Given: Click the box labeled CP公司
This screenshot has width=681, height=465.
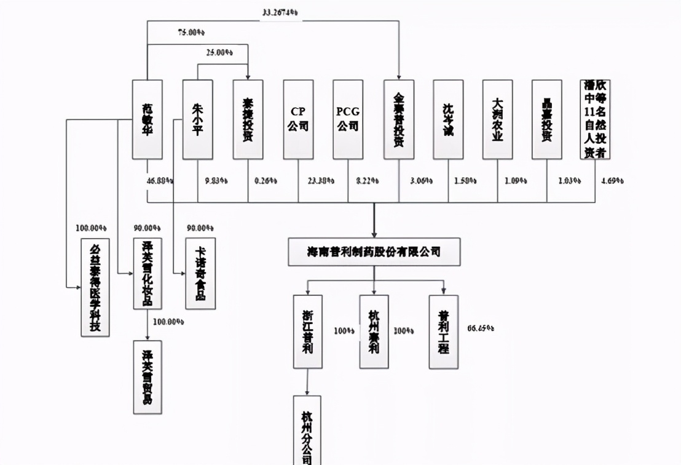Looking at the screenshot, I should [298, 119].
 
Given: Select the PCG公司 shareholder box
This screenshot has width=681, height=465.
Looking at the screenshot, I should [348, 119].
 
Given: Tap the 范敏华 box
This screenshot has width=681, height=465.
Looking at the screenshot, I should [148, 119].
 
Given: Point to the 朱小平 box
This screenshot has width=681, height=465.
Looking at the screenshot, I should [197, 119].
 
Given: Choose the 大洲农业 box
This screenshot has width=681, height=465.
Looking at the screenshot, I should [497, 119].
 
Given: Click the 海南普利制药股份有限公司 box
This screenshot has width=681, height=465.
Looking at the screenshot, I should [374, 252].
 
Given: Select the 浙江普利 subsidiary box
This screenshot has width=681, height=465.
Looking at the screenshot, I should [307, 331].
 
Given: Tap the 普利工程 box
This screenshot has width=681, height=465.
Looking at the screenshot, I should [443, 331].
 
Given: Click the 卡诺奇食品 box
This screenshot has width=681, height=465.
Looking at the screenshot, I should [200, 273].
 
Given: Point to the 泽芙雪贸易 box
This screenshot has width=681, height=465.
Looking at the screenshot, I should [148, 377].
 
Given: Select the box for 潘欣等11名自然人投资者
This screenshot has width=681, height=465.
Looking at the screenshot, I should [595, 119].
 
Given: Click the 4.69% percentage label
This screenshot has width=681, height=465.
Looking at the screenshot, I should [612, 181].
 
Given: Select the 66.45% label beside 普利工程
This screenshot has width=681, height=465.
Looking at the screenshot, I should [481, 328].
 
